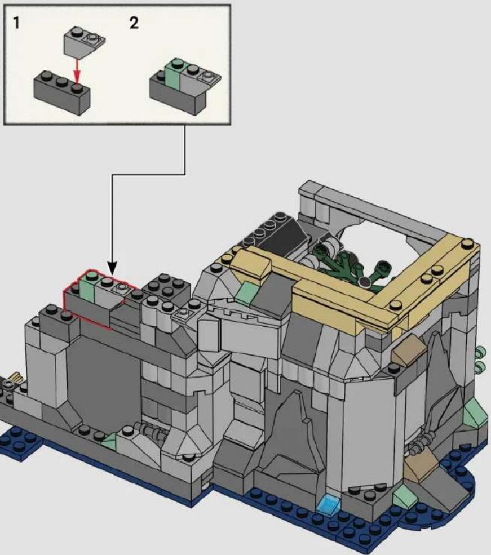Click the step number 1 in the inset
coord(16,23)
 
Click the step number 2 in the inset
coord(134,23)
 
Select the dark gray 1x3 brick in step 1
coord(62,92)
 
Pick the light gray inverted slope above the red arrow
coord(84,42)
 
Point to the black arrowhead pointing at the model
coord(112,268)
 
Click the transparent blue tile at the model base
coord(329,502)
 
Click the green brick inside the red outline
coord(87,287)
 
